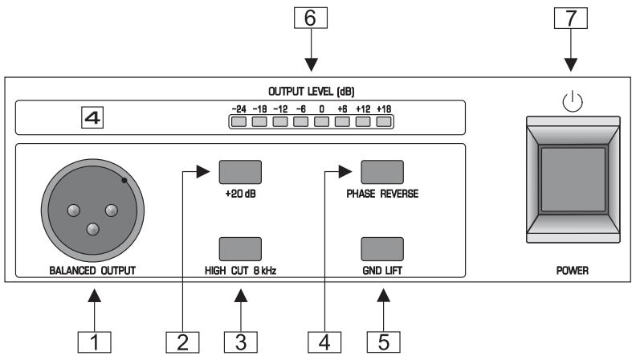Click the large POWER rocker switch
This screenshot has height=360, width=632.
[x=571, y=180]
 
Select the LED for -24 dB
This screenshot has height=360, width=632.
[x=239, y=122]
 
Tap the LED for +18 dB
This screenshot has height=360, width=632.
[x=385, y=122]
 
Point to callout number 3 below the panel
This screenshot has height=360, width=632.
[x=240, y=340]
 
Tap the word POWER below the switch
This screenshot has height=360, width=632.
[x=571, y=271]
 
